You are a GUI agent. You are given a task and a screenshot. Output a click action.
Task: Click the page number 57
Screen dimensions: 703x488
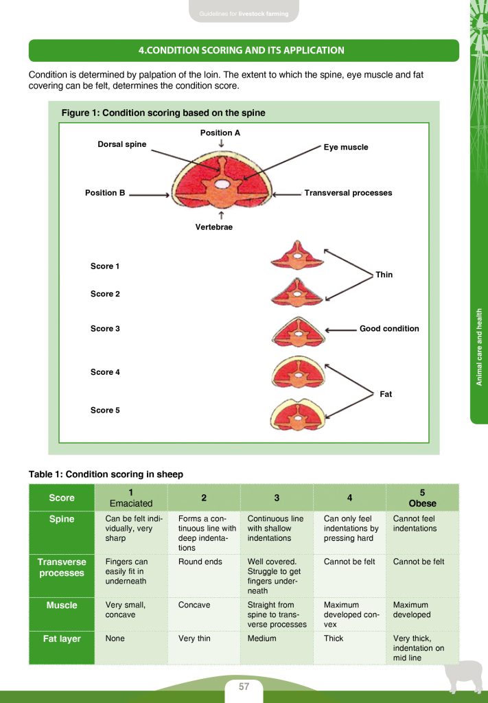point(244,687)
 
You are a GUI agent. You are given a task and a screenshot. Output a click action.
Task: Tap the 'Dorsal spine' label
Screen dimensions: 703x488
point(122,144)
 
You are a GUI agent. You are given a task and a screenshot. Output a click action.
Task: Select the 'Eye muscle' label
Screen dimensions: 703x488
point(346,147)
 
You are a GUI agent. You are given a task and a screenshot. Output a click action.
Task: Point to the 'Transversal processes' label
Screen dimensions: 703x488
point(348,193)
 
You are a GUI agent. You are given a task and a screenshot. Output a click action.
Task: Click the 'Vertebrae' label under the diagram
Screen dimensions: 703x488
point(214,227)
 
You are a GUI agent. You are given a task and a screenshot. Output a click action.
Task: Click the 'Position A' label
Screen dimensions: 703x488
point(220,132)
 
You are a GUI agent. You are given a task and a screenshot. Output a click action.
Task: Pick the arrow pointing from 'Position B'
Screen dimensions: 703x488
point(149,194)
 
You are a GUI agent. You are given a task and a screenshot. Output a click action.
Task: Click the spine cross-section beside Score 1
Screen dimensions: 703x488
point(297,255)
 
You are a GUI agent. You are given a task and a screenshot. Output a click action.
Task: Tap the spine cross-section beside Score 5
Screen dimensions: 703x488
point(297,413)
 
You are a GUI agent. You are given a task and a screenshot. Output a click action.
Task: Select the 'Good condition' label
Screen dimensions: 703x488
point(389,329)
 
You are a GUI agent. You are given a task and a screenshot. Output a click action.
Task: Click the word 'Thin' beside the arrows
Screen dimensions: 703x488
point(384,275)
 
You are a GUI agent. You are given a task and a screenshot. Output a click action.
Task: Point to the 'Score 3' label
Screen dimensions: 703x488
point(105,329)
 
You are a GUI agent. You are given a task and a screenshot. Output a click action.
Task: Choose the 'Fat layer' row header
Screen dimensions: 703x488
point(62,638)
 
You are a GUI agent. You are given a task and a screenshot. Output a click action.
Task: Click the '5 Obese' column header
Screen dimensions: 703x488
point(422,498)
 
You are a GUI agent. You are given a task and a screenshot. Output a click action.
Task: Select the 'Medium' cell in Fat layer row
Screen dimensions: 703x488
point(262,638)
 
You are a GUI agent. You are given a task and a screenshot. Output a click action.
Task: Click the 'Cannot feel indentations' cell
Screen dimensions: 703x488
point(414,524)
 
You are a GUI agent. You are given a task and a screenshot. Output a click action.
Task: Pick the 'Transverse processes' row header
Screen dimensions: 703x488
point(62,567)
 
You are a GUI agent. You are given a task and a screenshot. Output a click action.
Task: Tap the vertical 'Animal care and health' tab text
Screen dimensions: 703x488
point(480,347)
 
